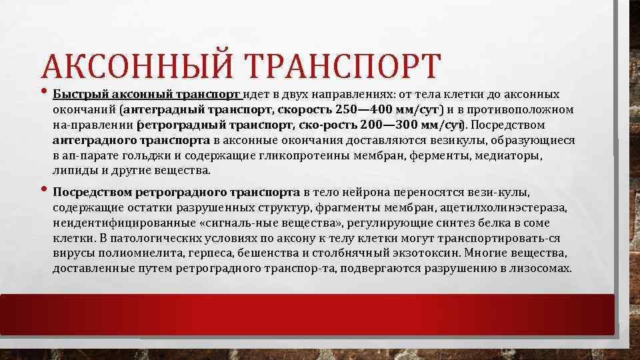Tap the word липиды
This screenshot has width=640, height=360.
click(69, 171)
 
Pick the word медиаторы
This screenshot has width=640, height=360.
click(512, 155)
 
